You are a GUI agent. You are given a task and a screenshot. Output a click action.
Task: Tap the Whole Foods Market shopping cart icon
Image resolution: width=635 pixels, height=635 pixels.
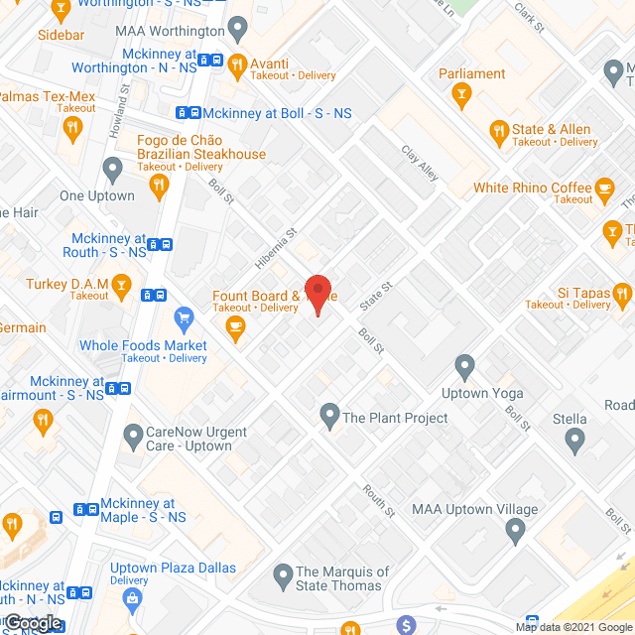183,319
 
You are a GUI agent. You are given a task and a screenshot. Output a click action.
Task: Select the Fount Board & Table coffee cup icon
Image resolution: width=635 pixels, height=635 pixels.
235,326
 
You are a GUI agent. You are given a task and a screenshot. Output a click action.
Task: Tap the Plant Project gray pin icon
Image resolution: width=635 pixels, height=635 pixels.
328,415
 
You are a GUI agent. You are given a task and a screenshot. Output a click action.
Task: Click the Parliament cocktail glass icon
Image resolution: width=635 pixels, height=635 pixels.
460,95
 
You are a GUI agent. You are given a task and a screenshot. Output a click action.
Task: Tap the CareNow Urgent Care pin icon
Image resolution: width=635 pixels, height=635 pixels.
133,435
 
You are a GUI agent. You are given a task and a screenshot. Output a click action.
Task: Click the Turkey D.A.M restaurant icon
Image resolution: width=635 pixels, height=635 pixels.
122,287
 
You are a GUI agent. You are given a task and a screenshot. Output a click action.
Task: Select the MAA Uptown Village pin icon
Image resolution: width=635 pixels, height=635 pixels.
514,533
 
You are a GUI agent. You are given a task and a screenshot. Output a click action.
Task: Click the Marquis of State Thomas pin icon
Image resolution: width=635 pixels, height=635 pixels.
283,574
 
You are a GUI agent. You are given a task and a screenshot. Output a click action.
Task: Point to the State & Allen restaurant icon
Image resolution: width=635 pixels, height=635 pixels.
499,130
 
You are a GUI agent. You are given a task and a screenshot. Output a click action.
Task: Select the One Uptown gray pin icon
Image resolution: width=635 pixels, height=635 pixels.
112,172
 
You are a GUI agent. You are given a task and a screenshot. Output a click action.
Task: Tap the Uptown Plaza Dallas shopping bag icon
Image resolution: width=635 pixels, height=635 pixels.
130,598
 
